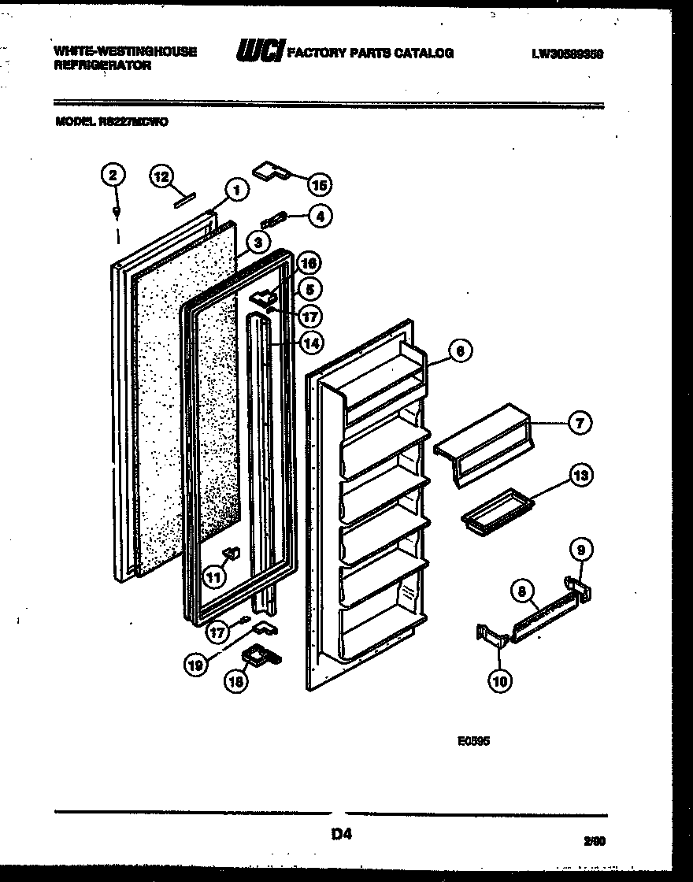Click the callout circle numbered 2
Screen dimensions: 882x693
pyautogui.click(x=114, y=176)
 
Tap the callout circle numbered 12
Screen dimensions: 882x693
pyautogui.click(x=161, y=177)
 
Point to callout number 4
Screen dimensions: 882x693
pyautogui.click(x=320, y=216)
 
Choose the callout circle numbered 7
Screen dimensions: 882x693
pyautogui.click(x=580, y=423)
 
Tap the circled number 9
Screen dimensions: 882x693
pyautogui.click(x=580, y=549)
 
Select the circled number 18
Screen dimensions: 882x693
pyautogui.click(x=235, y=681)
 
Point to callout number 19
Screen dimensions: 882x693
pyautogui.click(x=198, y=665)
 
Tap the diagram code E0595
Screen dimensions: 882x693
pyautogui.click(x=473, y=741)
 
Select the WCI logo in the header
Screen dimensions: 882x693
pyautogui.click(x=260, y=52)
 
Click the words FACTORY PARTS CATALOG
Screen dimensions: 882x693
pyautogui.click(x=370, y=53)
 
